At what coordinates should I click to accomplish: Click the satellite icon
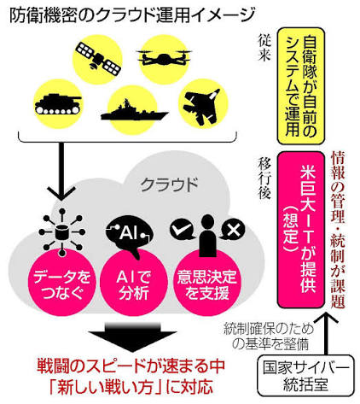97,58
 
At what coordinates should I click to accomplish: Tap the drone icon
164,58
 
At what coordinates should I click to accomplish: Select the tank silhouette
58,103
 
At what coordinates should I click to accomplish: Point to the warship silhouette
134,111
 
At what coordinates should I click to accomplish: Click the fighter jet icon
201,106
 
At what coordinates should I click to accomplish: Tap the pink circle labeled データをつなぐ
61,284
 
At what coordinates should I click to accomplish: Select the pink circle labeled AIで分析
133,284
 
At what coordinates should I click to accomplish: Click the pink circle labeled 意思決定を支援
206,284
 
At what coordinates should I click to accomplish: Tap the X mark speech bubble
233,230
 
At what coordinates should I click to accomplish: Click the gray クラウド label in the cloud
169,184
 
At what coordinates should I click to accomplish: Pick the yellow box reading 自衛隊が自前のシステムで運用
301,85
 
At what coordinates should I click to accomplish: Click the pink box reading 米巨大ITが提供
301,230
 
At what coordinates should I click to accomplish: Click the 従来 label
264,48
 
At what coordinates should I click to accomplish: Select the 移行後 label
264,178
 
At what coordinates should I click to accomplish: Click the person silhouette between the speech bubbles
207,236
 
